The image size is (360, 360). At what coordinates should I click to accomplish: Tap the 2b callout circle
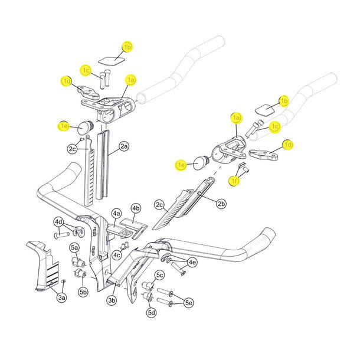(x=221, y=204)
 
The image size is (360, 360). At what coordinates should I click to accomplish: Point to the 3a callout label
(x=62, y=299)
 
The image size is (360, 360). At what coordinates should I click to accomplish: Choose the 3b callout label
(x=112, y=301)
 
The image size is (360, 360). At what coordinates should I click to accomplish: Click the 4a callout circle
(x=116, y=213)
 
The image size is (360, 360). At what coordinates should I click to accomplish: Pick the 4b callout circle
(x=136, y=208)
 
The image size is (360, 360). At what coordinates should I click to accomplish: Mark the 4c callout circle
(x=117, y=255)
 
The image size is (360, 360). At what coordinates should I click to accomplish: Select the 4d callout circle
(x=59, y=222)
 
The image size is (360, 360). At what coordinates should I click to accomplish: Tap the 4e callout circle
(x=192, y=262)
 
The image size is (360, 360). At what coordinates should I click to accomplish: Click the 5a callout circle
(x=75, y=247)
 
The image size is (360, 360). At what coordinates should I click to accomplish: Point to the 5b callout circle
(x=83, y=292)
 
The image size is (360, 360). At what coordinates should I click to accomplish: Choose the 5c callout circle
(x=159, y=275)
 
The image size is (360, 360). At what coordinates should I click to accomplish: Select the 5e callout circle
(x=188, y=303)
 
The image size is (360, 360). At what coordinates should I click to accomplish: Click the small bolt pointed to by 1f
(x=247, y=170)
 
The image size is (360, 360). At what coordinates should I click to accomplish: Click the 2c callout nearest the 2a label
(x=72, y=149)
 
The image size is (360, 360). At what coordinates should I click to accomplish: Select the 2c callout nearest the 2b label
(x=159, y=205)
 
